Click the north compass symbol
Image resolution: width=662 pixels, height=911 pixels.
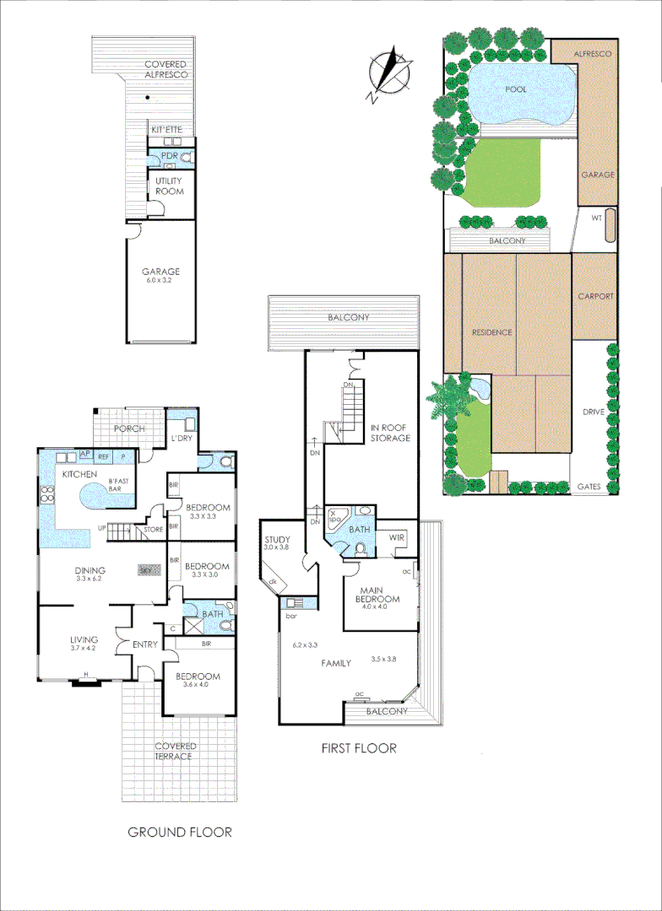click(x=388, y=73)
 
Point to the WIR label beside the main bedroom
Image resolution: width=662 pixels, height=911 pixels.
click(x=399, y=537)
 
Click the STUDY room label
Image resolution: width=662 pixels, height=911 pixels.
click(x=278, y=540)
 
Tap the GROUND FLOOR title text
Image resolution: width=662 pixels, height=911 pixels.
click(x=179, y=832)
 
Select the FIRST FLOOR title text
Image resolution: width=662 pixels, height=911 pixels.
click(x=358, y=748)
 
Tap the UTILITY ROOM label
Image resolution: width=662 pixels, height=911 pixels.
click(x=169, y=186)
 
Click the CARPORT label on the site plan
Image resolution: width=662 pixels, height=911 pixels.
click(x=595, y=297)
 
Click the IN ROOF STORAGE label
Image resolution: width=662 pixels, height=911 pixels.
click(x=390, y=433)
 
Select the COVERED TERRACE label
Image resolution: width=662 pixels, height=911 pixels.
click(x=176, y=751)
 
